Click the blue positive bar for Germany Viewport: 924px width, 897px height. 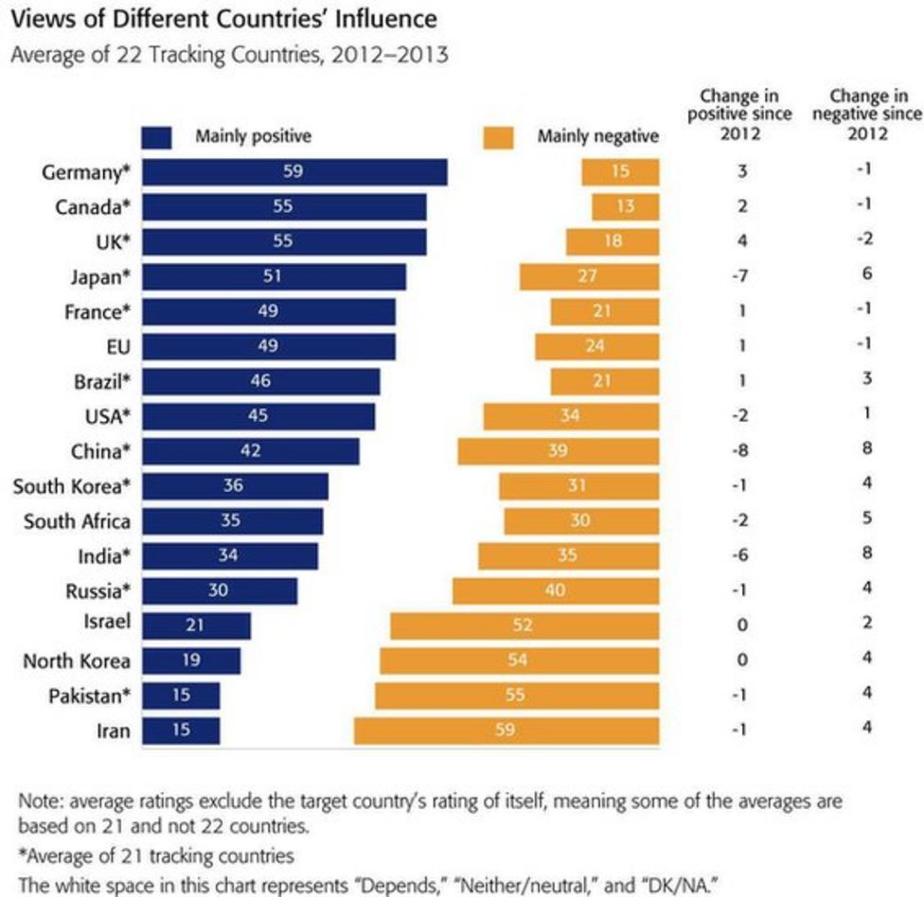coord(294,171)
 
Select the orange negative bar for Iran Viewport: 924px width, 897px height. coord(506,730)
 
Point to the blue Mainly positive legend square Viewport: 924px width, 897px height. coord(156,137)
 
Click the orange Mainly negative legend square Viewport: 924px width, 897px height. coord(498,137)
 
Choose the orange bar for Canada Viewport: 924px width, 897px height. coord(625,206)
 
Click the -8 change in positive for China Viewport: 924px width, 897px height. coord(742,450)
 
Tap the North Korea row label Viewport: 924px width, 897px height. coord(77,660)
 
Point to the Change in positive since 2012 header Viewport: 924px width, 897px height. coord(739,114)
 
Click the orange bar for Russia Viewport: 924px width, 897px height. coord(556,590)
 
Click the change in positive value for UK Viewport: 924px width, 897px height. coord(742,240)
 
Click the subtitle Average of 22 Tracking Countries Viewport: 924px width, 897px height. coord(228,55)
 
